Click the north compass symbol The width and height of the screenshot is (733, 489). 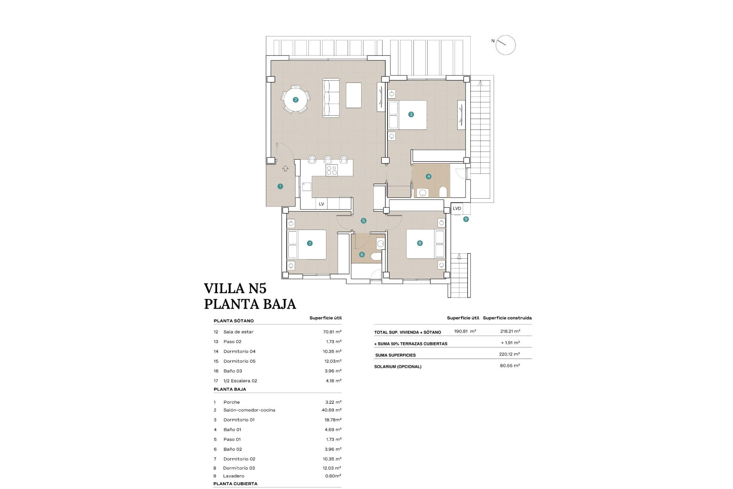505,45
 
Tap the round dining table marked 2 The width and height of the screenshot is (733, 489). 295,100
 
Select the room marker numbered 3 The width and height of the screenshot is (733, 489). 411,114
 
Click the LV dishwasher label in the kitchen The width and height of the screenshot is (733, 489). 321,204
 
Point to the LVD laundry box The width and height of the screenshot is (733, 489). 457,209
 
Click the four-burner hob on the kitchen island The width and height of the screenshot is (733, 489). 331,170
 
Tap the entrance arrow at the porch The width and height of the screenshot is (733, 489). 285,168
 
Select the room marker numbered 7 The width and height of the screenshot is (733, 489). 310,243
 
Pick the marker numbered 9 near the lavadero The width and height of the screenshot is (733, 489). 466,219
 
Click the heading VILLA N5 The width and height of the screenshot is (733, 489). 235,288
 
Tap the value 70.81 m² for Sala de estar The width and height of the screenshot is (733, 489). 332,332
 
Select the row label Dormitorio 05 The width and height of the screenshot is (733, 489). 239,361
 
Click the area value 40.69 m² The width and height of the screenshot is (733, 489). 331,410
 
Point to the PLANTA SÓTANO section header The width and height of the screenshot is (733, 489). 234,321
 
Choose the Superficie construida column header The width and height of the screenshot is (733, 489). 507,318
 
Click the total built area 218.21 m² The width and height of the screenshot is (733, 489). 510,331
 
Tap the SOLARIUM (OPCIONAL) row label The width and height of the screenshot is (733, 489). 398,367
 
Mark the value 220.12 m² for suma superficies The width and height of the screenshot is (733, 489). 509,354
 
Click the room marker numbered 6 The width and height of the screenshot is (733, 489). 362,254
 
